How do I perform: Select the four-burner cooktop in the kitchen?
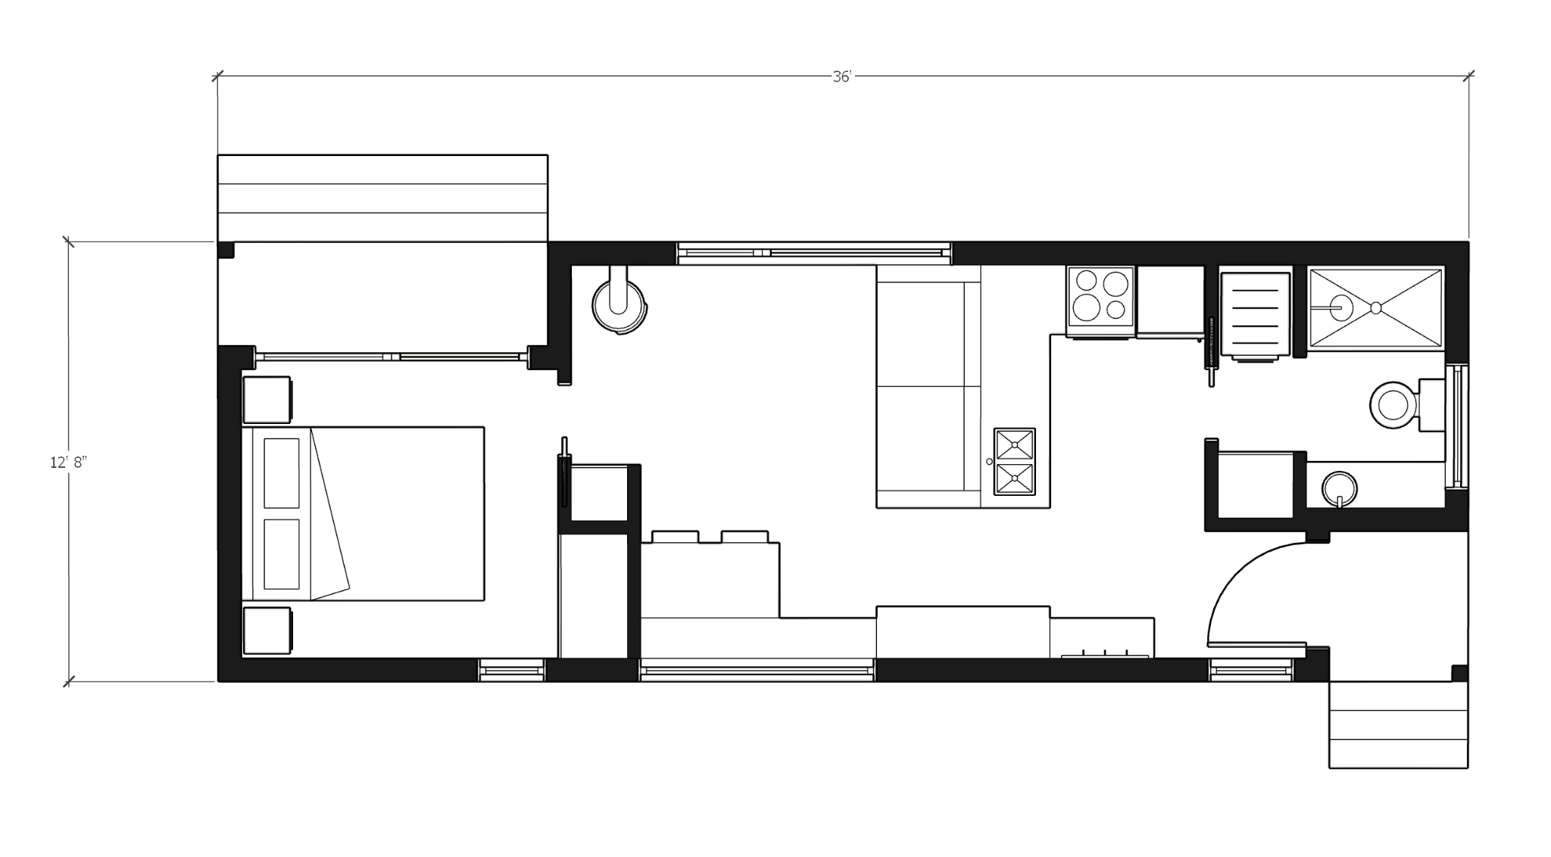tap(1100, 301)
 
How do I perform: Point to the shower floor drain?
tap(1373, 306)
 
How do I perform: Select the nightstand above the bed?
tap(266, 400)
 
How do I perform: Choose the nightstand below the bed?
tap(266, 631)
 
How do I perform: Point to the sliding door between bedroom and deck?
tap(391, 356)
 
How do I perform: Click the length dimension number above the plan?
tap(841, 77)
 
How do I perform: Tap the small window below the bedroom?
tap(512, 669)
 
